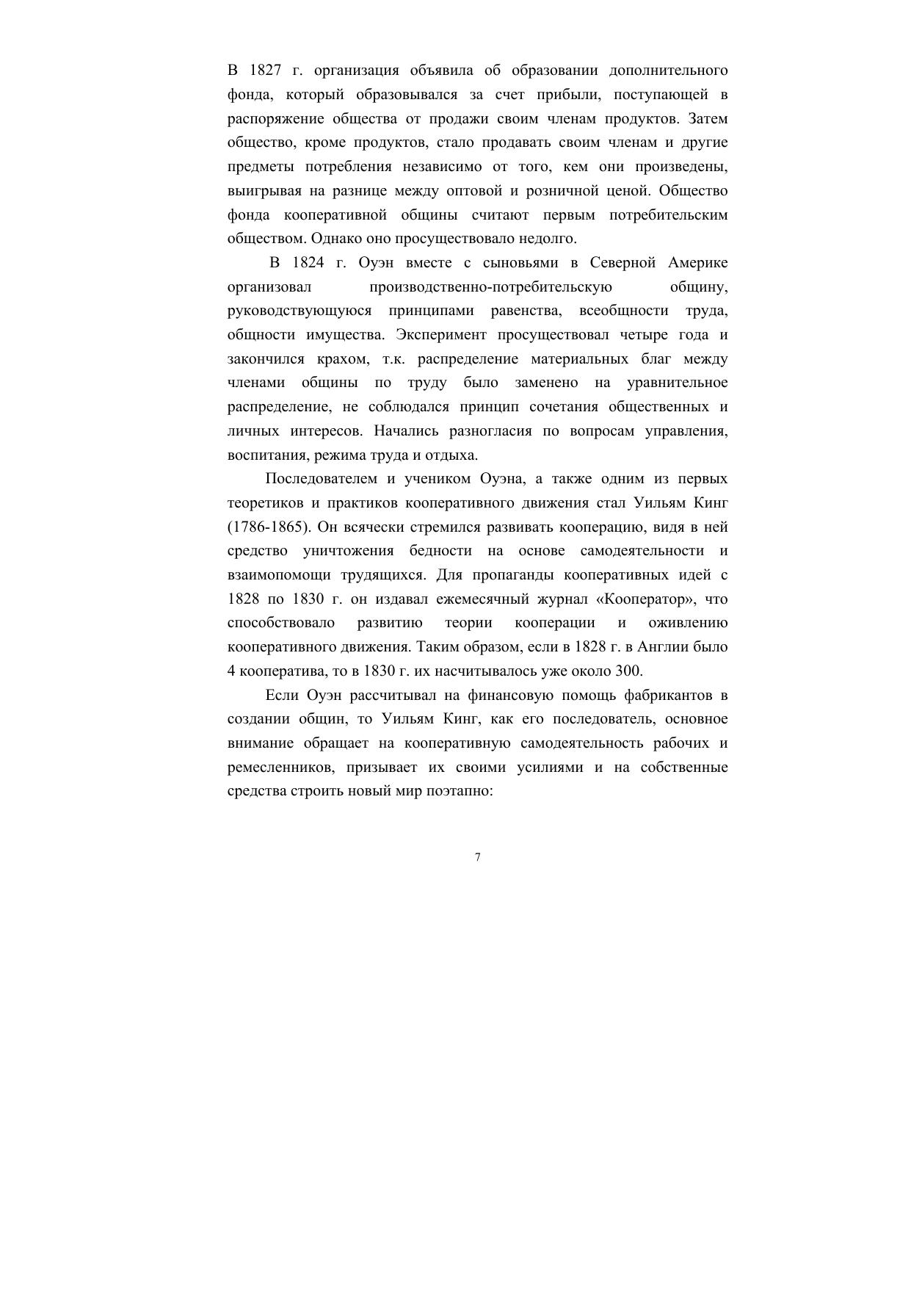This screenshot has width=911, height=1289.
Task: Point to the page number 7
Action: coord(478,857)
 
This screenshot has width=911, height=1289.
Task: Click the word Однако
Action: coord(337,239)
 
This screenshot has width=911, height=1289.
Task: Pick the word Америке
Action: coord(698,263)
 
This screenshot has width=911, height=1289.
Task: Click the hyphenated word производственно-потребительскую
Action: coord(490,287)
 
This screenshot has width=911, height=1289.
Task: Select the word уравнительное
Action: coord(678,383)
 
